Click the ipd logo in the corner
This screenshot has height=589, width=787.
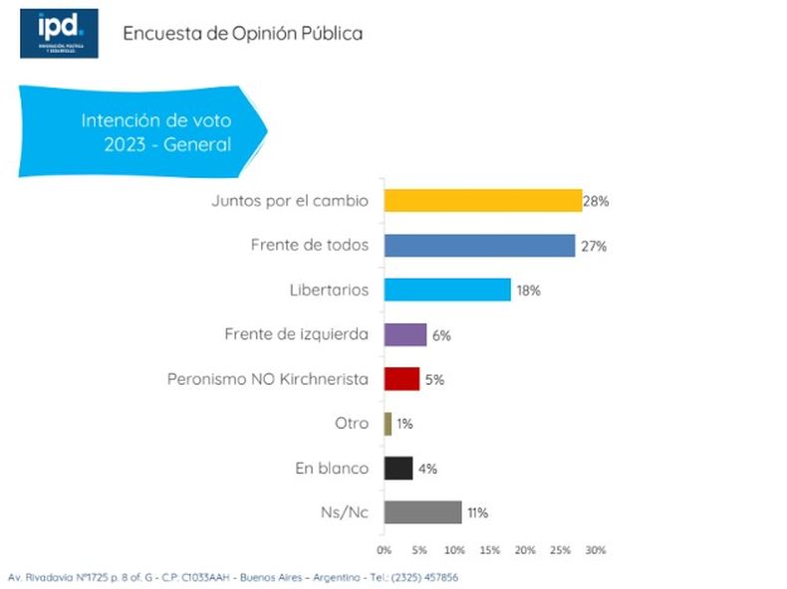pos(59,33)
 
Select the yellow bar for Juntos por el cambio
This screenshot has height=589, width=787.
pos(482,200)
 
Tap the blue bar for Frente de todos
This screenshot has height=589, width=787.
pos(479,245)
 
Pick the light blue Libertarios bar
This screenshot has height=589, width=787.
pos(447,290)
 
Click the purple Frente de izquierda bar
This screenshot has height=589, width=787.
pos(405,334)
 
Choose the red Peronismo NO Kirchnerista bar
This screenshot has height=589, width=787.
pos(401,379)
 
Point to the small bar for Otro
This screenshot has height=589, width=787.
pos(389,424)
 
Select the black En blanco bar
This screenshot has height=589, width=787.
pos(398,468)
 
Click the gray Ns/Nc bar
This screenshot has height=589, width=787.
pos(422,512)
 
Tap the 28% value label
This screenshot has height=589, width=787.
pos(596,201)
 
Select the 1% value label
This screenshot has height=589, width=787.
pos(404,424)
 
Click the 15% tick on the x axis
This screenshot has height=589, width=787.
pos(490,549)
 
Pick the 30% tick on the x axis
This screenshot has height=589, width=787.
pos(595,549)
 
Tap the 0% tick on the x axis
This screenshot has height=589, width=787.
pos(384,549)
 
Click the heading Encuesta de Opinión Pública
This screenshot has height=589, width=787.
pos(242,34)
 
